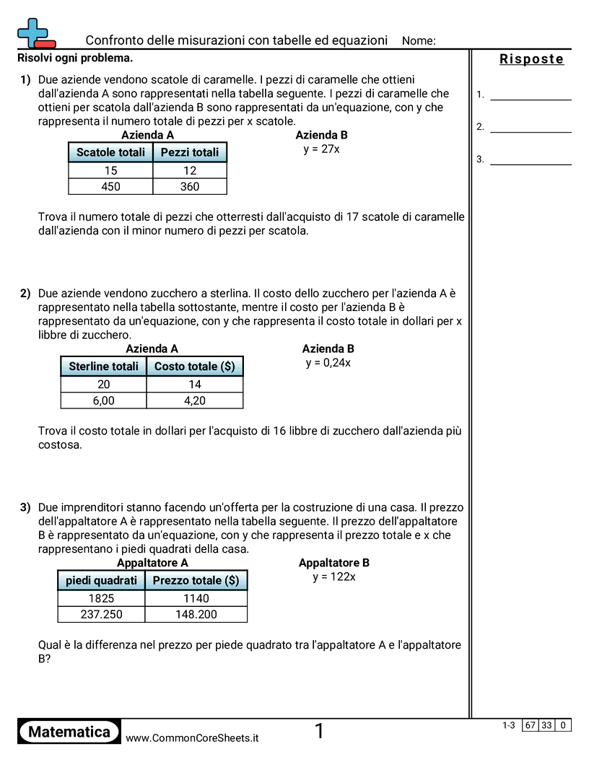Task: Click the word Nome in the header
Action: pos(419,41)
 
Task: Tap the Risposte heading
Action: pos(531,59)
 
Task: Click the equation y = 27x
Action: pos(322,149)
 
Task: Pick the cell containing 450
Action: pos(110,186)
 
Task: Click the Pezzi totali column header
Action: pos(190,152)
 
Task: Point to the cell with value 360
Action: pos(190,186)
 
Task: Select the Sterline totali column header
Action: pos(103,367)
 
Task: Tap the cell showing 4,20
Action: pos(195,400)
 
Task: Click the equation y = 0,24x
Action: pos(328,362)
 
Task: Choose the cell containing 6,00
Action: pos(103,400)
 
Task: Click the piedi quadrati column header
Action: pos(101,580)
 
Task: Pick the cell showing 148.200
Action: pos(196,614)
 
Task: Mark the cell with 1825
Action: pos(101,597)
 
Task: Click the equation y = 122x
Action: pos(334,577)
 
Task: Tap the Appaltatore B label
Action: pos(334,563)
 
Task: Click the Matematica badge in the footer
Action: pos(69,732)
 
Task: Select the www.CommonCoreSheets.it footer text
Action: pos(192,738)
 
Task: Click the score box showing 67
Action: pos(531,725)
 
